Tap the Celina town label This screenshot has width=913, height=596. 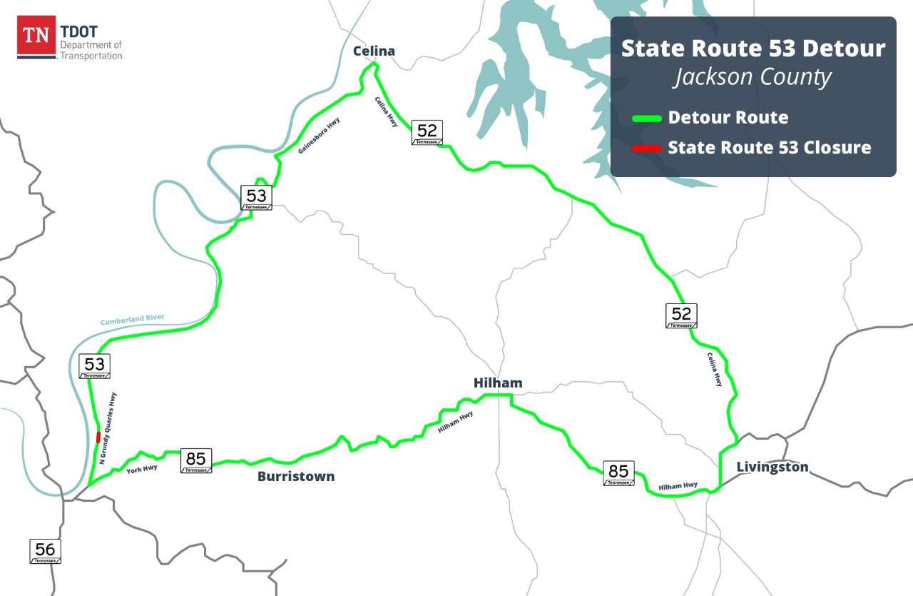[374, 51]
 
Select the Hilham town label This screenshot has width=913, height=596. [498, 383]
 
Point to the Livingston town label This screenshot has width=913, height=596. [772, 467]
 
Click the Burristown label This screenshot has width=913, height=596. [296, 476]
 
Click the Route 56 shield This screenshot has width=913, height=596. [45, 551]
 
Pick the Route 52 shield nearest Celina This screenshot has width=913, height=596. [427, 132]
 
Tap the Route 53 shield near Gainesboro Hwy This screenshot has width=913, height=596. [256, 197]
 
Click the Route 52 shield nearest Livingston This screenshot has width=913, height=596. [681, 315]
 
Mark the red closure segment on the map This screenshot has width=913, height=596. [98, 437]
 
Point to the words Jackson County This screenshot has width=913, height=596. [753, 76]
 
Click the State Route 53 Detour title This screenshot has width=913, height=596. [753, 49]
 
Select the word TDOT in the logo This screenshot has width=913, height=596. [79, 32]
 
